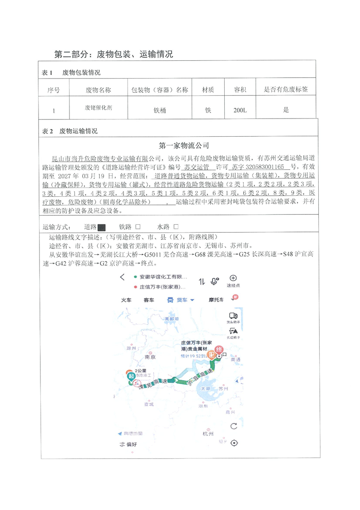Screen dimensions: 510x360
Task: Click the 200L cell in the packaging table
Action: [x=240, y=110]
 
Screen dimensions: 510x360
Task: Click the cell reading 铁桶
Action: [x=160, y=110]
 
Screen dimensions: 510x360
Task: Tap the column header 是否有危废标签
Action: [x=286, y=90]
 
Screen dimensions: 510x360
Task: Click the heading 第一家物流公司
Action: [x=184, y=146]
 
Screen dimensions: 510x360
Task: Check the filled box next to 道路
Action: [x=102, y=227]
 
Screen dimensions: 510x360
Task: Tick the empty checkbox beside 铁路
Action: [x=138, y=227]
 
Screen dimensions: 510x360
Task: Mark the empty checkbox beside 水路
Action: [x=176, y=227]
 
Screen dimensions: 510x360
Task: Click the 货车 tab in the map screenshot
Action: [x=181, y=300]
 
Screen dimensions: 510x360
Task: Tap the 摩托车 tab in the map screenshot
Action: [x=216, y=300]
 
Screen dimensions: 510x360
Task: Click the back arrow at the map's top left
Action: [x=122, y=277]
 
